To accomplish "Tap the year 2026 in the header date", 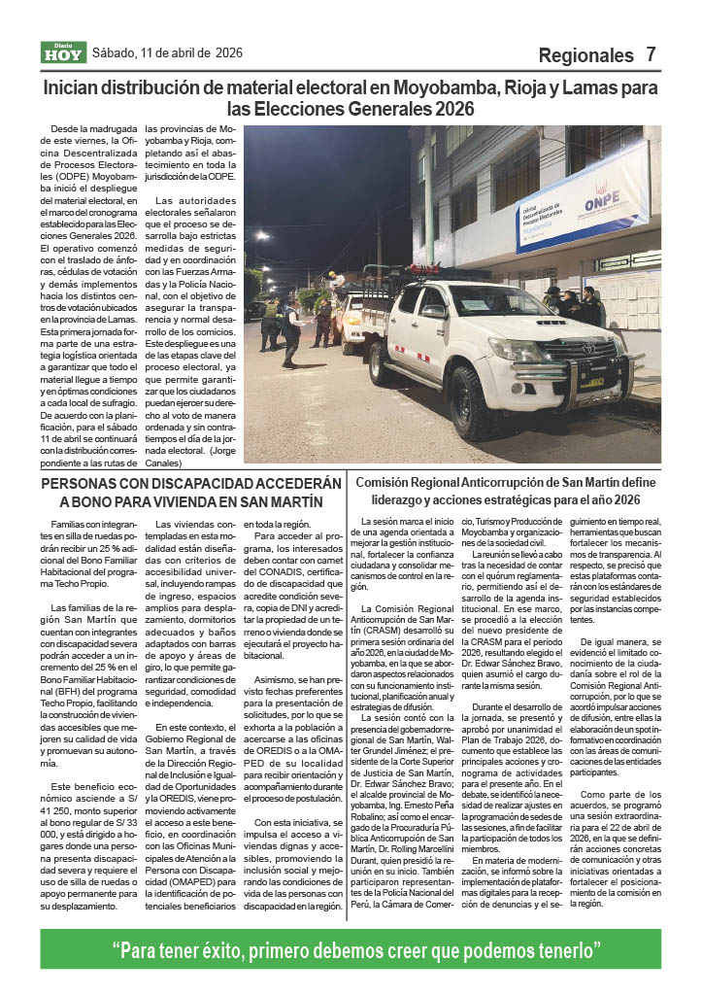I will click(229, 52).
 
